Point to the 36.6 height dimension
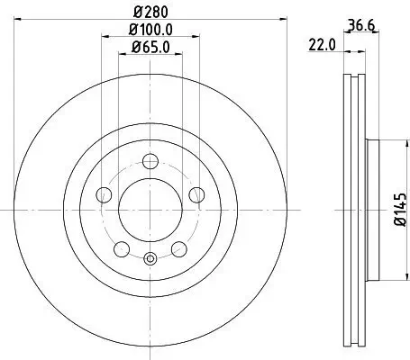pos(359,24)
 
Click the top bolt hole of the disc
pos(150,163)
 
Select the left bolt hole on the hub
pos(105,195)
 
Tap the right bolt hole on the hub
pos(196,195)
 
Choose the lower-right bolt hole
pos(178,249)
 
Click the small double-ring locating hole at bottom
pos(150,261)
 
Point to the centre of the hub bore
pos(150,211)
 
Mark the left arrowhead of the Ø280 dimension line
pos(19,23)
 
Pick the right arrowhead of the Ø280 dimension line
pos(282,23)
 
